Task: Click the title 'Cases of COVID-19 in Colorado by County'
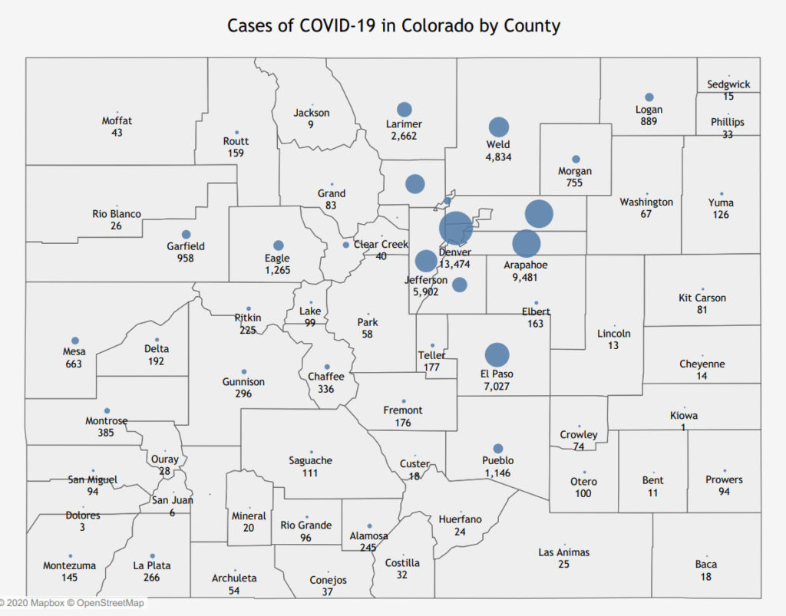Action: (393, 25)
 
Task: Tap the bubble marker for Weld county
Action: (499, 127)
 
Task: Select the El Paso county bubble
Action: (497, 354)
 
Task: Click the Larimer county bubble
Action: (404, 110)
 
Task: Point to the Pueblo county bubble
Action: (497, 449)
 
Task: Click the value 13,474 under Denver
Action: (454, 264)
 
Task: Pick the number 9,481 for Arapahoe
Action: (526, 277)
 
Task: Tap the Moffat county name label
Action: (117, 120)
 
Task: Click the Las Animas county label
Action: (563, 552)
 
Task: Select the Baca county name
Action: (706, 564)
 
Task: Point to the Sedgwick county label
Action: (728, 84)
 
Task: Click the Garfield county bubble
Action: (186, 235)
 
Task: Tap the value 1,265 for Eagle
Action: (278, 270)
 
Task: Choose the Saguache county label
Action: (310, 460)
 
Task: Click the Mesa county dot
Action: (75, 341)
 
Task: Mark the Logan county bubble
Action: (649, 97)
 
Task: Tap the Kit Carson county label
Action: (702, 298)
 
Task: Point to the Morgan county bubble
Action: (576, 160)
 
